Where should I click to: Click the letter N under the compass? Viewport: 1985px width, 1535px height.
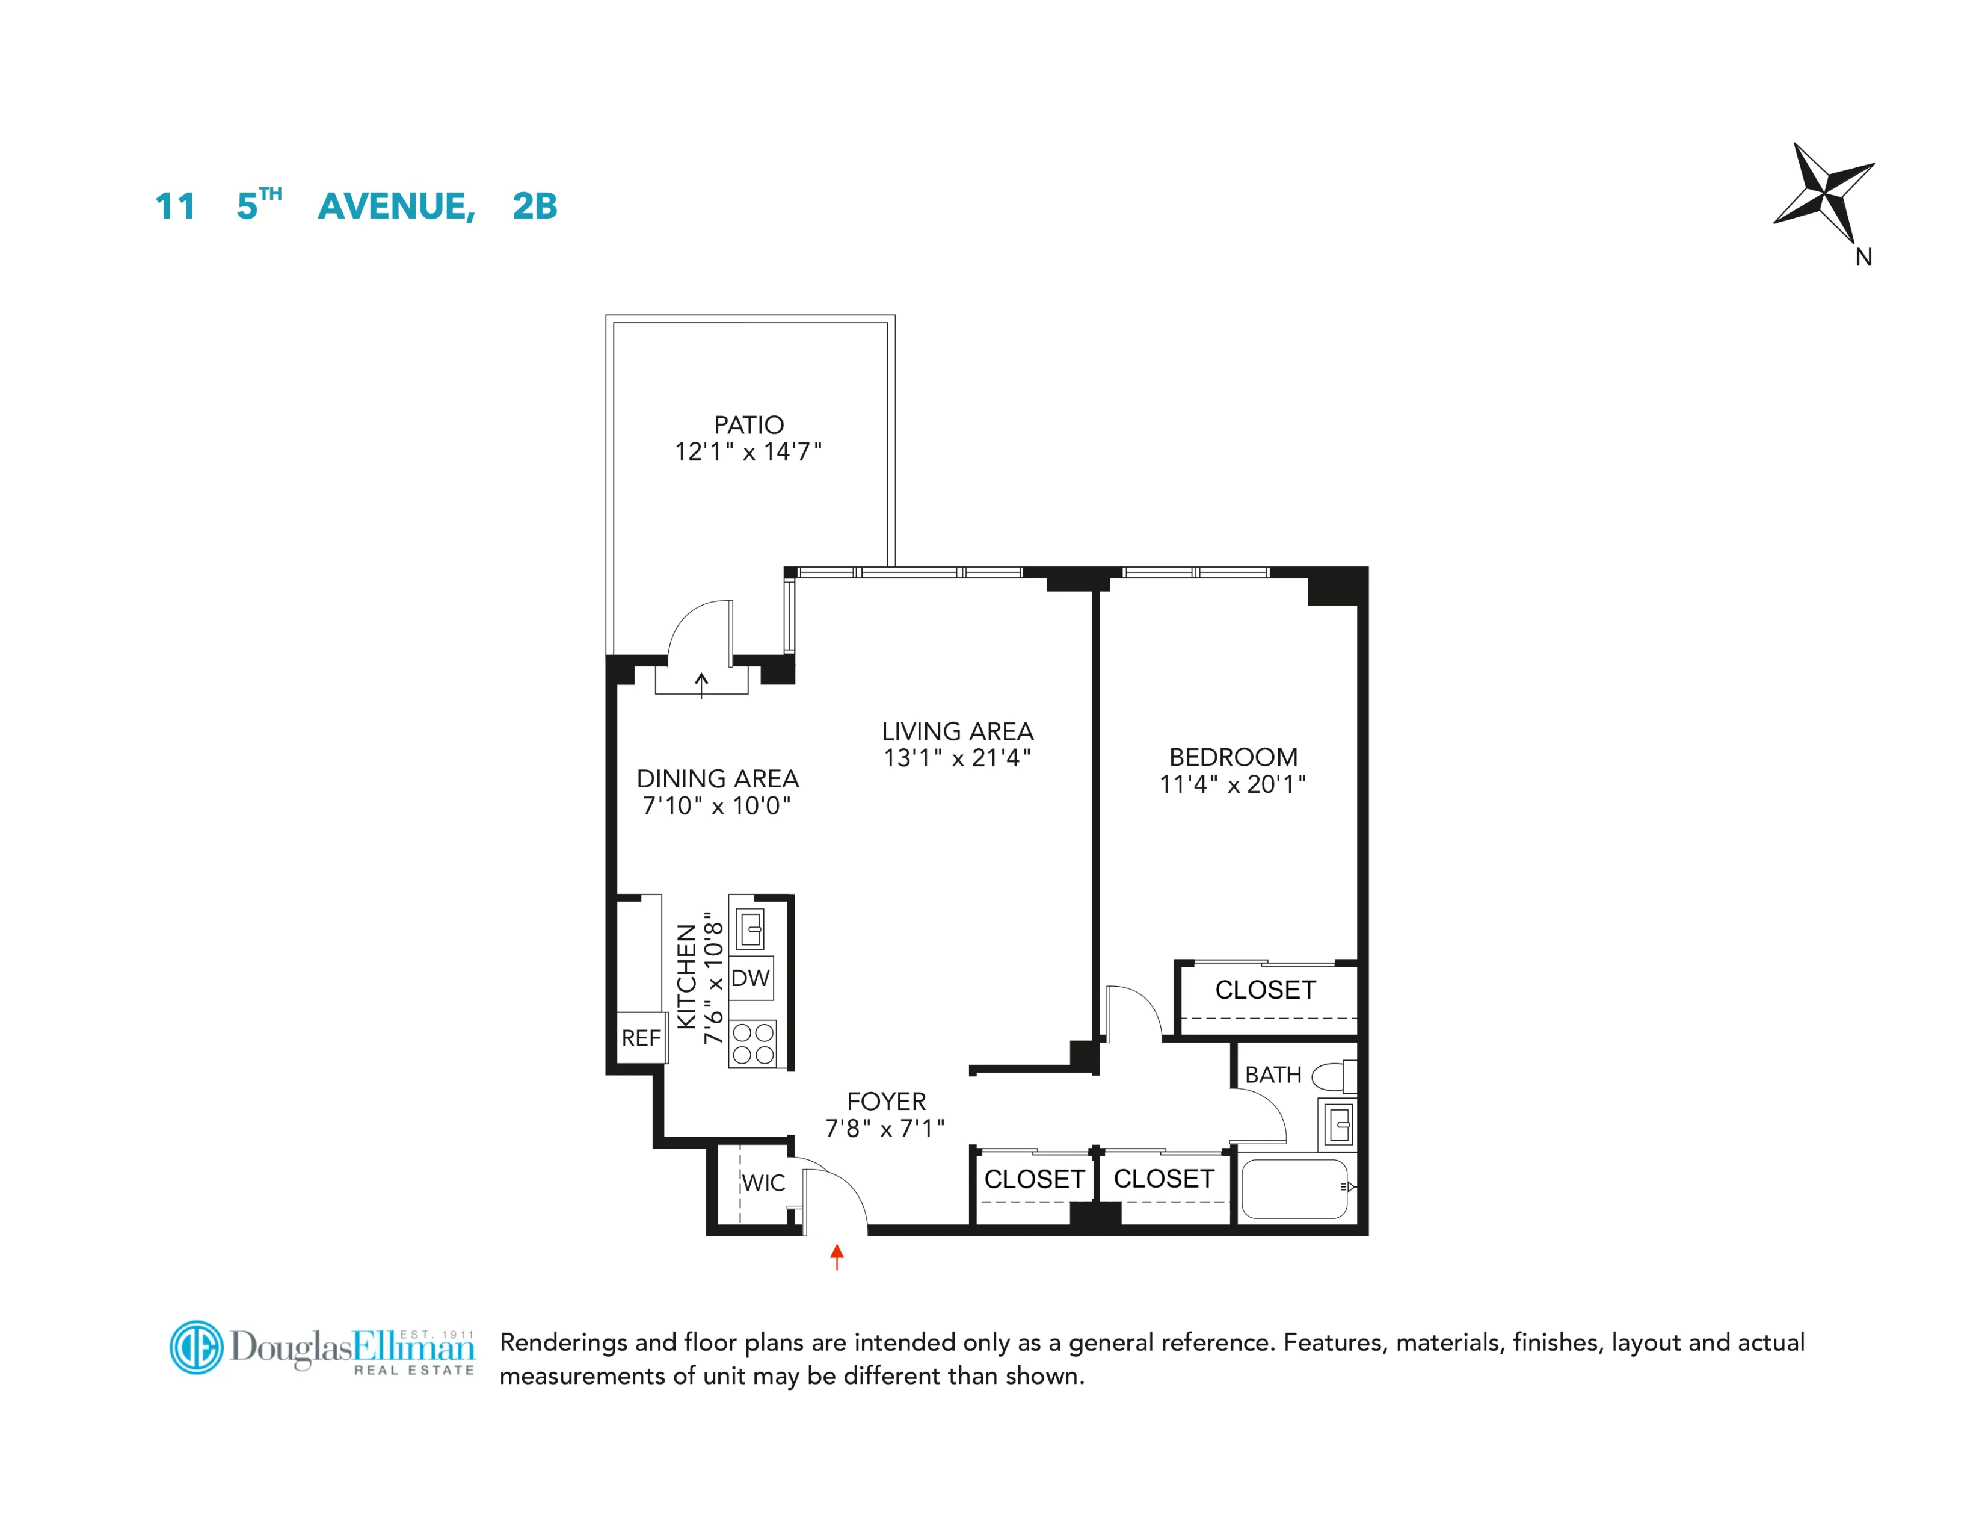[1863, 258]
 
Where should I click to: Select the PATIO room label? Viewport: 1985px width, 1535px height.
[748, 424]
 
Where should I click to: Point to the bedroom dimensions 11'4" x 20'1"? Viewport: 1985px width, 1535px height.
[1233, 784]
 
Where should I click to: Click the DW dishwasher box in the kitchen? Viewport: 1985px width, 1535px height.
[751, 978]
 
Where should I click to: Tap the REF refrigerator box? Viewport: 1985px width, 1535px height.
[641, 1038]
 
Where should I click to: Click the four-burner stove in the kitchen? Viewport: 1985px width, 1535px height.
[754, 1044]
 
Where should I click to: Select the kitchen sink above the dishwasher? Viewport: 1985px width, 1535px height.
[751, 928]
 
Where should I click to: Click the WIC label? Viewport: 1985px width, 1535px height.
[763, 1183]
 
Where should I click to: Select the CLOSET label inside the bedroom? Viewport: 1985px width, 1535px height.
[1265, 990]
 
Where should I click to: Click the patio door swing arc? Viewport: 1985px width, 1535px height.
[695, 627]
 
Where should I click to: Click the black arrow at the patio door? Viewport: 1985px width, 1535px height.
[701, 684]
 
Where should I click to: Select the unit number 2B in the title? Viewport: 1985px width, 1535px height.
[534, 206]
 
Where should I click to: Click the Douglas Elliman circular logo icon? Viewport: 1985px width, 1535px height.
[196, 1347]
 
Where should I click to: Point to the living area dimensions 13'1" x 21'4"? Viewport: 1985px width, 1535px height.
[957, 757]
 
